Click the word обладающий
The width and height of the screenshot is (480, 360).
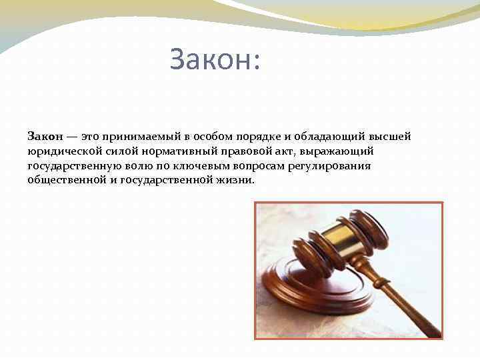tap(325, 137)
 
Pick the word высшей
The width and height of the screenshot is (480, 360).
tap(390, 137)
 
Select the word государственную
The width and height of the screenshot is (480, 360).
tap(74, 166)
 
